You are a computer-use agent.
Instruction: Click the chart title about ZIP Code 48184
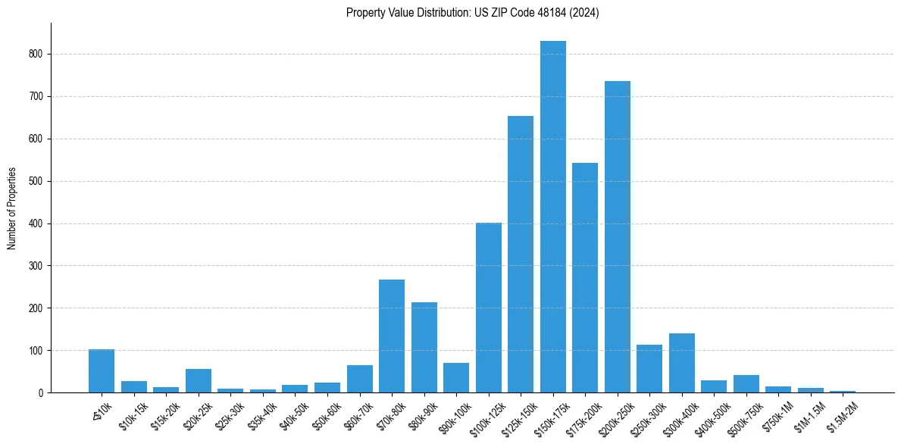pyautogui.click(x=472, y=13)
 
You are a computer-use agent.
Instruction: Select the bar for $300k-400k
pyautogui.click(x=681, y=363)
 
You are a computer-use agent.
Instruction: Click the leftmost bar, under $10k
pyautogui.click(x=102, y=371)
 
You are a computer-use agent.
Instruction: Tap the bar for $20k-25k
pyautogui.click(x=199, y=381)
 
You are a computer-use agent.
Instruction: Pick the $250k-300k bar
pyautogui.click(x=649, y=369)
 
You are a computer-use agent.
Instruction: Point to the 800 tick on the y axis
pyautogui.click(x=38, y=55)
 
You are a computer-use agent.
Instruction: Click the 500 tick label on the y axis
pyautogui.click(x=38, y=182)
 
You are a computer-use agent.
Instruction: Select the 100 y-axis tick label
pyautogui.click(x=38, y=351)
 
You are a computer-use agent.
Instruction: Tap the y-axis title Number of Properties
pyautogui.click(x=12, y=208)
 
